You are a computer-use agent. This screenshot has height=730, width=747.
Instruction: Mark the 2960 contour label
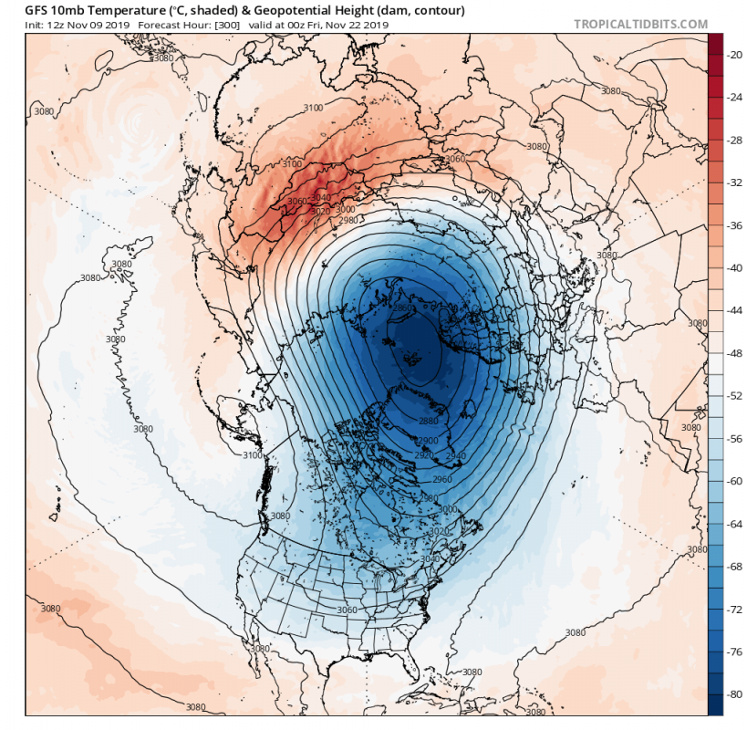[442, 478]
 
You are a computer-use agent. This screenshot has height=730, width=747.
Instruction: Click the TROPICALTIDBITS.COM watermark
[639, 25]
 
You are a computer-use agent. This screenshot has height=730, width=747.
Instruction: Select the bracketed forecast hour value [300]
[227, 25]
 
